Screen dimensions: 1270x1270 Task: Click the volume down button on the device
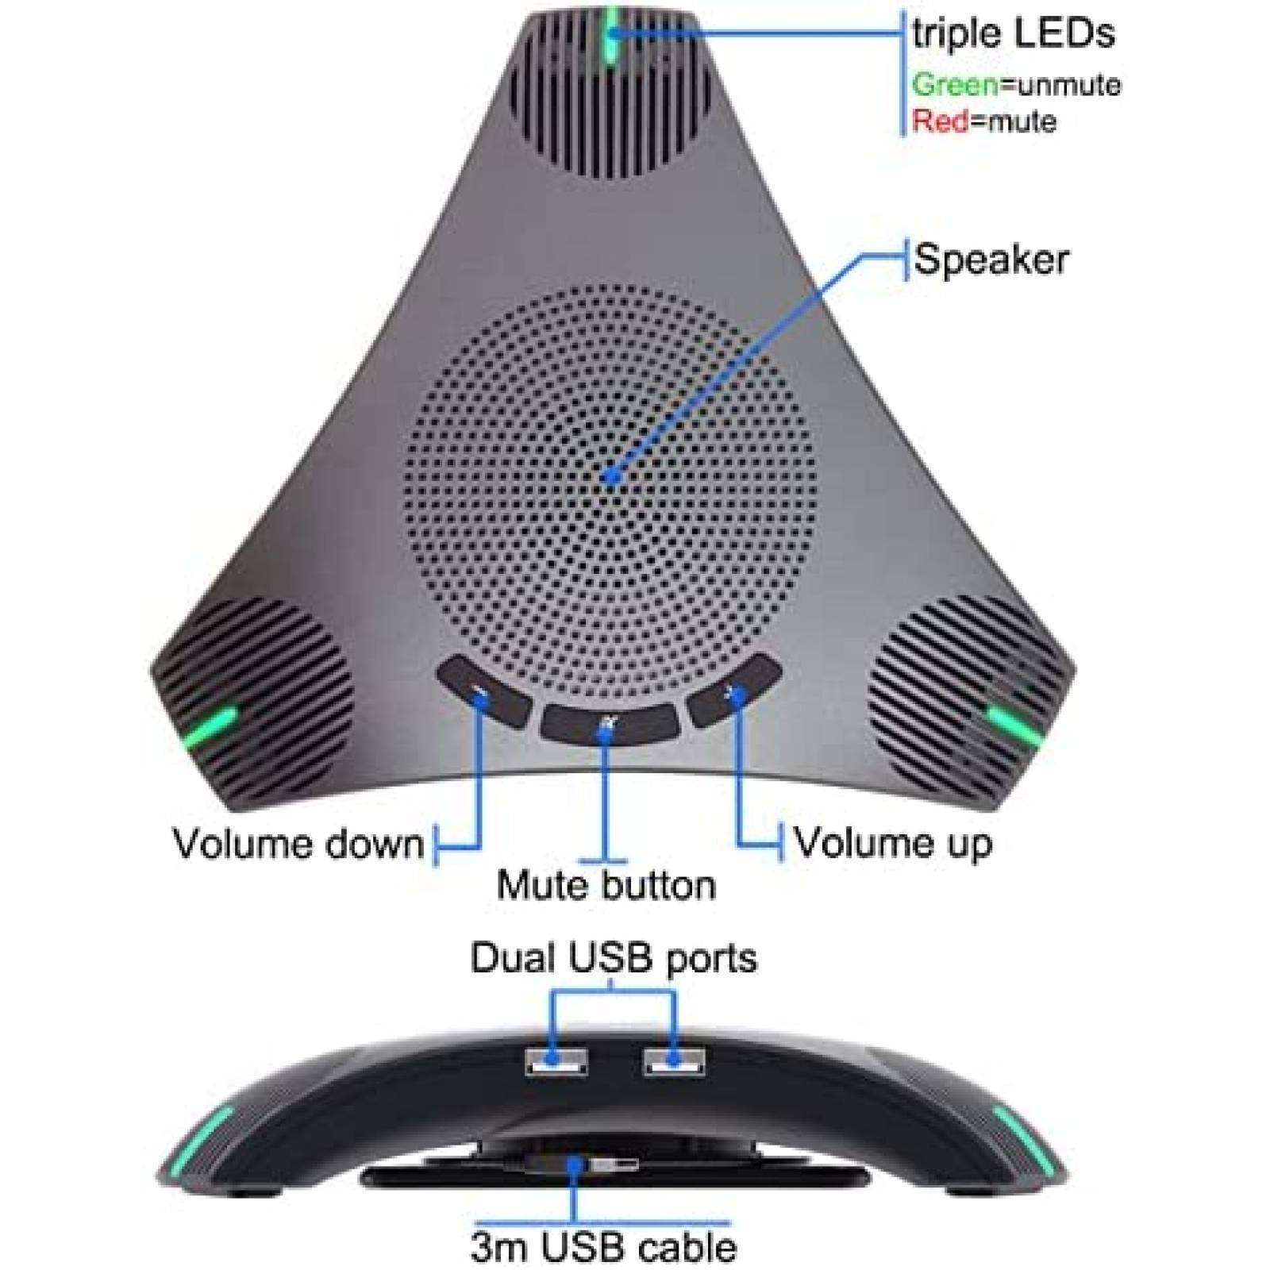(x=483, y=692)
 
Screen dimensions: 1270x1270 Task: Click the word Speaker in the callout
(x=991, y=260)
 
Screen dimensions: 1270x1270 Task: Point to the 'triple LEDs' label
(x=1014, y=33)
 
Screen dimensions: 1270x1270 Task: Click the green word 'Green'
(x=955, y=84)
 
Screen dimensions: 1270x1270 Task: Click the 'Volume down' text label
(x=298, y=843)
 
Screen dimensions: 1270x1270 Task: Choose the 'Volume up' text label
(x=893, y=843)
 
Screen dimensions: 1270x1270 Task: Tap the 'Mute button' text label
(x=606, y=884)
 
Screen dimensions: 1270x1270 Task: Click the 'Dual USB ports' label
(x=614, y=958)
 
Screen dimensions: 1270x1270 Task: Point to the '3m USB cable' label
(x=603, y=1246)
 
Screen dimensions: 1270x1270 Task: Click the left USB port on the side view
(x=555, y=1060)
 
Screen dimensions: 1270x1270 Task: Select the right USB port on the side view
(x=674, y=1060)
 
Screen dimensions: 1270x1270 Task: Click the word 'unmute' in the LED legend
(x=1060, y=84)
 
